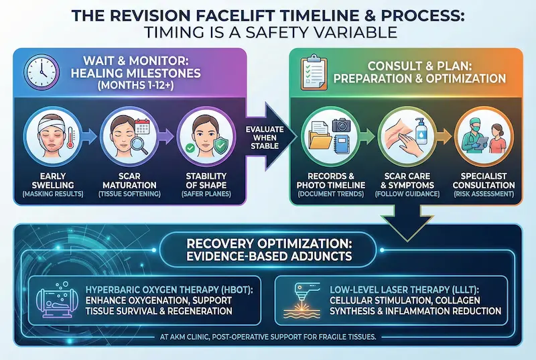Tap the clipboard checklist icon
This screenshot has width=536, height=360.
(313, 72)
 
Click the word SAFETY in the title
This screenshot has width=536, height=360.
(302, 32)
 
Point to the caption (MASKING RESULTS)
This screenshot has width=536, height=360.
(57, 194)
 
